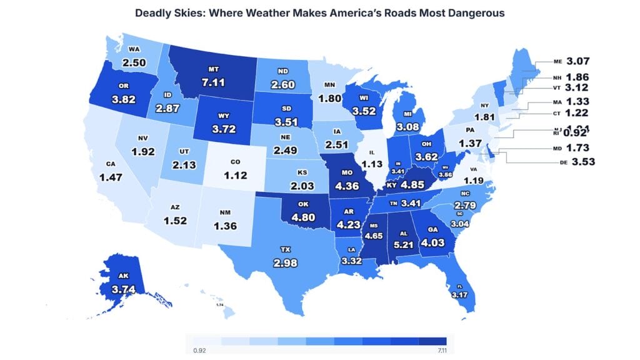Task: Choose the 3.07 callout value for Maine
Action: tap(578, 61)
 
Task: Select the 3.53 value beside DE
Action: tap(579, 162)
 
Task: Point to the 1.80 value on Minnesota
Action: tap(330, 97)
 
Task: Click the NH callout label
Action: tap(557, 78)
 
